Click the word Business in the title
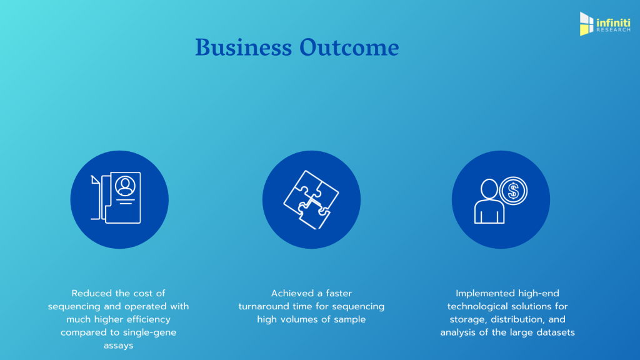click(244, 47)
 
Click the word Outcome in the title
click(349, 47)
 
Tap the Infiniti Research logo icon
click(586, 24)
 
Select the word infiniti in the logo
click(614, 22)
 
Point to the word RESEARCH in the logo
click(614, 30)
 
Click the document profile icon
click(116, 198)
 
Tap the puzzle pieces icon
click(311, 199)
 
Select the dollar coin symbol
click(514, 191)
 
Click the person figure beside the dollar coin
click(489, 202)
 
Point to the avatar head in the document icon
click(125, 186)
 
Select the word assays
click(118, 346)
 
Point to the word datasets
click(556, 332)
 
